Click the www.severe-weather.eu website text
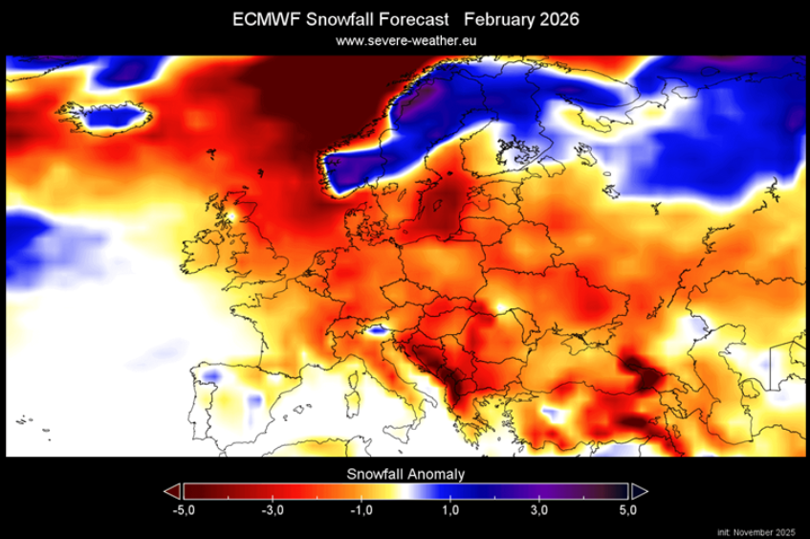405,40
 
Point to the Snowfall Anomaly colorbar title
405,473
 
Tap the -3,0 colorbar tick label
273,509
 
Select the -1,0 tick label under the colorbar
361,509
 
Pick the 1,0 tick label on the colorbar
451,509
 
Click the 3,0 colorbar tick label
539,509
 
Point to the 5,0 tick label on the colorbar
628,509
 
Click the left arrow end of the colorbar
172,490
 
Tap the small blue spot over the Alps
379,331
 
